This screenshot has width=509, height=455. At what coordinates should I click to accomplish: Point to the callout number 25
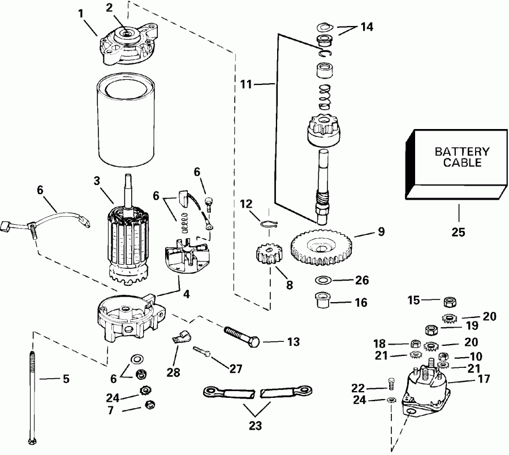(x=459, y=232)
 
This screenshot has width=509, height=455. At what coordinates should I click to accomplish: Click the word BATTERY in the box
(x=461, y=152)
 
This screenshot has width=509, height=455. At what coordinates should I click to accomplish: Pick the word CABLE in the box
(x=461, y=163)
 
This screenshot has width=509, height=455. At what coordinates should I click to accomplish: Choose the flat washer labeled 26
(x=323, y=280)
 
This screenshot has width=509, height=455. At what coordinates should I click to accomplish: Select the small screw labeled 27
(x=202, y=352)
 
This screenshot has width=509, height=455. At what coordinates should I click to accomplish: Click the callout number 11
(x=245, y=85)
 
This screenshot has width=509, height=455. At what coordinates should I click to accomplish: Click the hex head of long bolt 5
(x=30, y=441)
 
